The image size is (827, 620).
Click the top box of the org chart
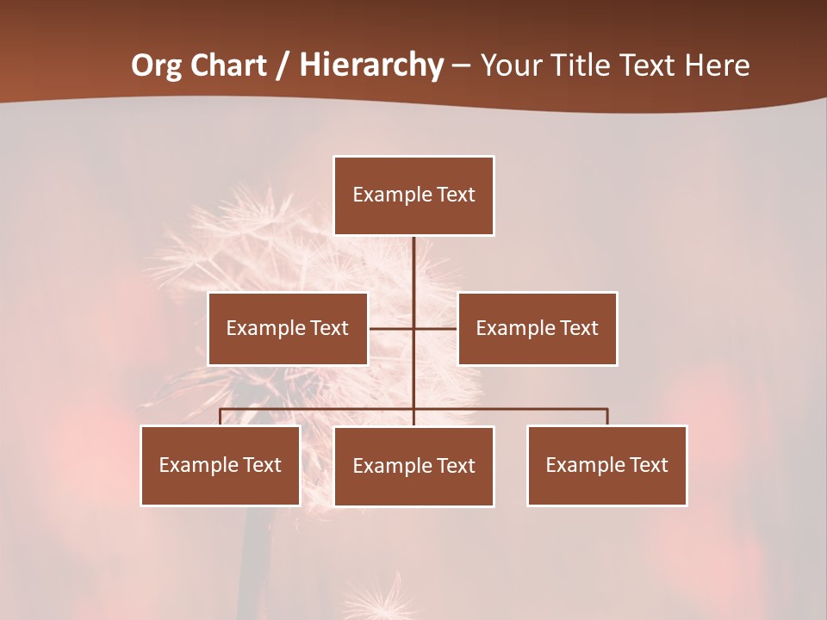tap(413, 195)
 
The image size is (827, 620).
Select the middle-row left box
tap(288, 328)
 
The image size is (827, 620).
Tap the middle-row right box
tap(537, 328)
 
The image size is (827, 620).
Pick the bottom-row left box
tap(221, 465)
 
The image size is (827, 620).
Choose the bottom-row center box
tap(413, 466)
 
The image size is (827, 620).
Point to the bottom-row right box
tap(606, 465)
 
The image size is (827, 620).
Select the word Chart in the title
tap(228, 65)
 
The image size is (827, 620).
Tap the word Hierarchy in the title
tap(371, 65)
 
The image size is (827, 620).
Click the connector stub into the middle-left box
tap(390, 328)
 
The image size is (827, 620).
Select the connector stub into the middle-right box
tap(436, 328)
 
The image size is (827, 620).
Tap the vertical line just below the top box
tap(413, 258)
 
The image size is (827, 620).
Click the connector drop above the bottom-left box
tap(221, 417)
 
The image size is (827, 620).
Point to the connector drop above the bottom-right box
tap(607, 417)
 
